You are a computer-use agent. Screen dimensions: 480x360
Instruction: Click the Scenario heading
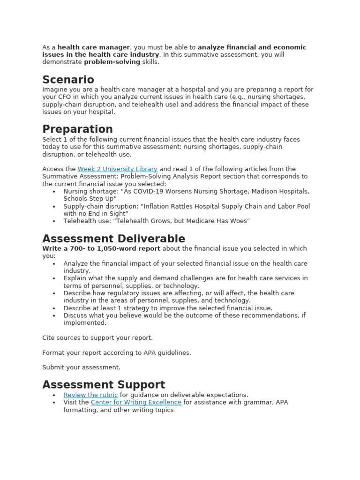pyautogui.click(x=68, y=80)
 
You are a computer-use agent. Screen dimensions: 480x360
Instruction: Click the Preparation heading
pyautogui.click(x=77, y=129)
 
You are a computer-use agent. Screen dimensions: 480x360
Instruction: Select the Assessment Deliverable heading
pyautogui.click(x=113, y=239)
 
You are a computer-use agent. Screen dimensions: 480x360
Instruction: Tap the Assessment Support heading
pyautogui.click(x=104, y=385)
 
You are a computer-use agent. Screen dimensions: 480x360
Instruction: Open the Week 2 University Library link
pyautogui.click(x=117, y=169)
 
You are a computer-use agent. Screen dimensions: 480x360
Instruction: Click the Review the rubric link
pyautogui.click(x=90, y=395)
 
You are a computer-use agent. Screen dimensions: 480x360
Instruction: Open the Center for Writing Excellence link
pyautogui.click(x=136, y=403)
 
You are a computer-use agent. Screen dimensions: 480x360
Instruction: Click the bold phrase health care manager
pyautogui.click(x=93, y=47)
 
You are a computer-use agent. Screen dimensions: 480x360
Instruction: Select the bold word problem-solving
pyautogui.click(x=112, y=62)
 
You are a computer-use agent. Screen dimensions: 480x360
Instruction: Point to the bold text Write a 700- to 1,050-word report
pyautogui.click(x=101, y=248)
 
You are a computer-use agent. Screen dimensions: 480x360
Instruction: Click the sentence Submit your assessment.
pyautogui.click(x=81, y=367)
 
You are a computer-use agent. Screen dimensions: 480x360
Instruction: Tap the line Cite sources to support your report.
pyautogui.click(x=97, y=337)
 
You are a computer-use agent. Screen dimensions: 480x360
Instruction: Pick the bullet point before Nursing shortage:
pyautogui.click(x=54, y=192)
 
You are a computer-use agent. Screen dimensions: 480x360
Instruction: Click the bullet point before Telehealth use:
pyautogui.click(x=54, y=221)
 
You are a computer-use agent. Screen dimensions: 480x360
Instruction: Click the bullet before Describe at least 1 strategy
pyautogui.click(x=54, y=308)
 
